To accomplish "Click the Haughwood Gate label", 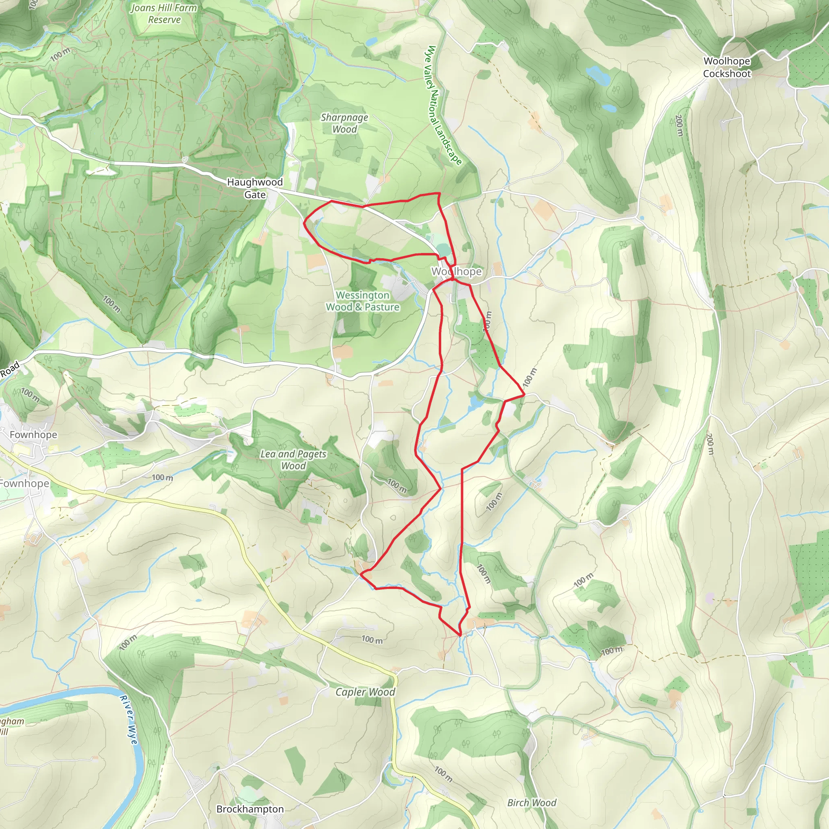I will pyautogui.click(x=255, y=188).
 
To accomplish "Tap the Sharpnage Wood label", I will pyautogui.click(x=344, y=123).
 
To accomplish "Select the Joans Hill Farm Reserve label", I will pyautogui.click(x=164, y=14).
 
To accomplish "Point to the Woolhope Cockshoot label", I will pyautogui.click(x=727, y=67).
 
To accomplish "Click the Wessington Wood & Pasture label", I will pyautogui.click(x=363, y=301).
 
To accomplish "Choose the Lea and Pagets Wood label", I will pyautogui.click(x=293, y=459).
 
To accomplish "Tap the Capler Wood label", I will pyautogui.click(x=365, y=692).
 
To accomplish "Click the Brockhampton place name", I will pyautogui.click(x=250, y=808).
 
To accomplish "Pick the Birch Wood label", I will pyautogui.click(x=531, y=802).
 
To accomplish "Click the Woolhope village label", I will pyautogui.click(x=457, y=271).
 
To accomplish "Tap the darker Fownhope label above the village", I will pyautogui.click(x=33, y=435).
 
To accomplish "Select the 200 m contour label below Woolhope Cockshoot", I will pyautogui.click(x=679, y=125).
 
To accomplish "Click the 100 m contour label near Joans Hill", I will pyautogui.click(x=60, y=55).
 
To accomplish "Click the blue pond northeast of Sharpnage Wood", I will pyautogui.click(x=372, y=41).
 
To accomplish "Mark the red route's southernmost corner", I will pyautogui.click(x=460, y=636).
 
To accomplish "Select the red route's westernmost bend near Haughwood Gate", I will pyautogui.click(x=304, y=223).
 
